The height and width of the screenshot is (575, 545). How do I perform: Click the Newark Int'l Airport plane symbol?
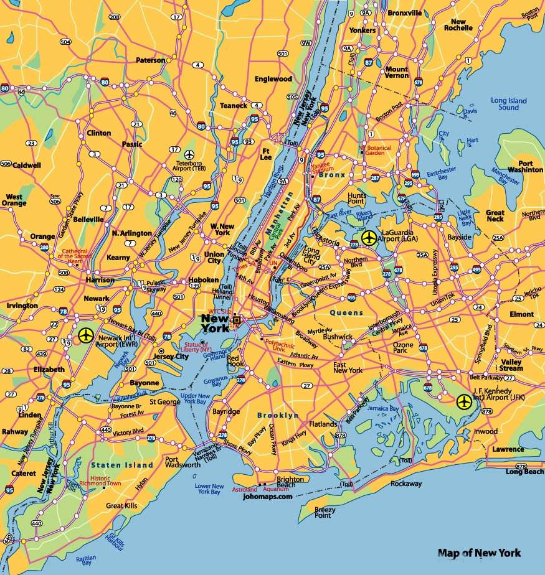[x=87, y=336]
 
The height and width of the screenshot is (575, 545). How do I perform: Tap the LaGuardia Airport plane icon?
[x=369, y=237]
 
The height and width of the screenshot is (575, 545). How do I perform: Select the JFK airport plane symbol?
[x=464, y=402]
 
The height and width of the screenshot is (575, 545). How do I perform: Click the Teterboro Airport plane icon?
[x=190, y=154]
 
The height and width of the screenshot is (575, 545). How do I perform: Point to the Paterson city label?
[x=151, y=60]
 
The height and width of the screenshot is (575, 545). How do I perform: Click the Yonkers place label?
[x=363, y=30]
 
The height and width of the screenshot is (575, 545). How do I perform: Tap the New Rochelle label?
[x=458, y=24]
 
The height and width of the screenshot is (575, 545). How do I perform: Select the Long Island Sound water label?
[x=508, y=104]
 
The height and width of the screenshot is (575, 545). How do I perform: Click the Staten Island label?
[x=121, y=465]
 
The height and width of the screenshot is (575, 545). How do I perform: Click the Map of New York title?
[x=479, y=553]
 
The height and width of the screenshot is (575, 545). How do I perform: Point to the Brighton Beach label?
[x=290, y=482]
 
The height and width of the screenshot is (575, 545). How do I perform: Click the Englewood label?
[x=273, y=79]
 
